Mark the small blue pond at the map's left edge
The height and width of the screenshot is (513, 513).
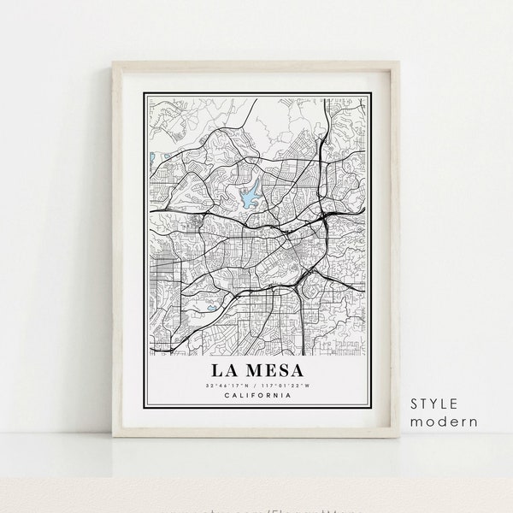coord(150,158)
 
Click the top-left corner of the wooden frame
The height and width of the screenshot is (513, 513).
coord(115,66)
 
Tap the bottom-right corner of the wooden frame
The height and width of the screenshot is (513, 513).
coord(398,437)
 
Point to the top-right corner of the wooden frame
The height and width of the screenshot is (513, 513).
coord(398,66)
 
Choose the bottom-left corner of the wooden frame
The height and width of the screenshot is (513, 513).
coord(115,437)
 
